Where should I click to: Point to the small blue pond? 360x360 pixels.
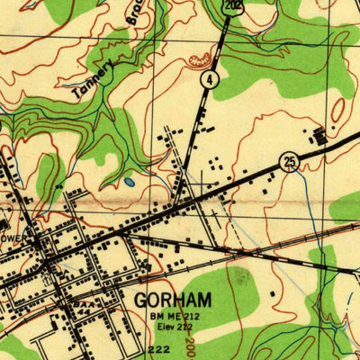[x=130, y=182]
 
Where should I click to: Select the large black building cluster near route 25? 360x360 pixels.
[x=320, y=138]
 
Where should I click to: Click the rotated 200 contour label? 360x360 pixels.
[x=190, y=342]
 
